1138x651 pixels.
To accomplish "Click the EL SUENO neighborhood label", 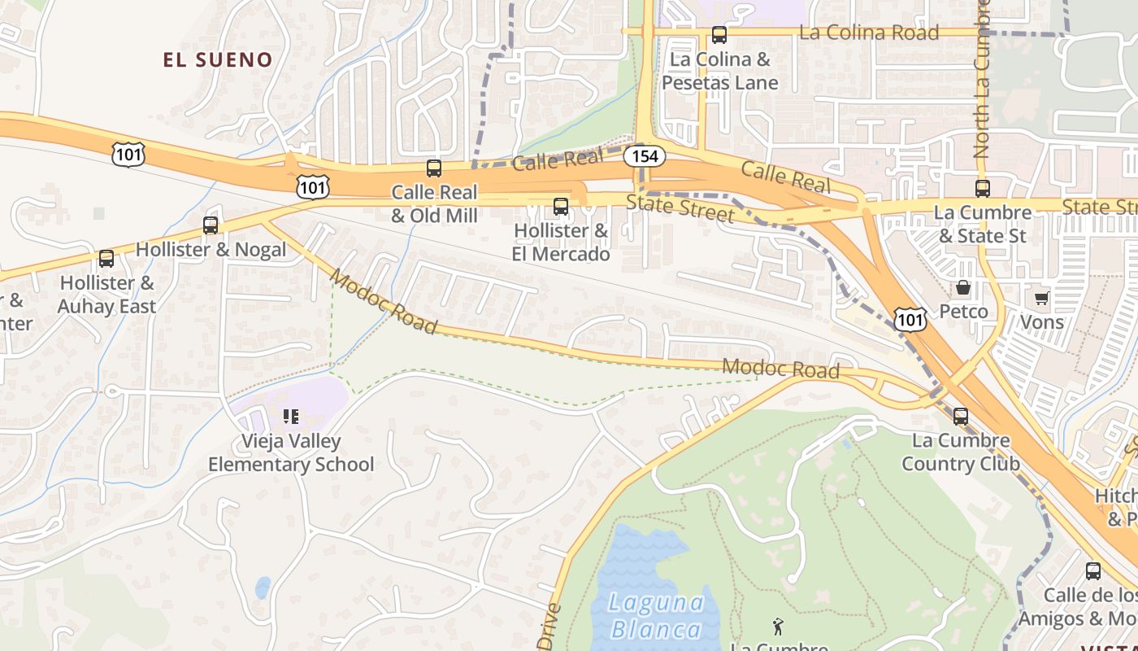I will (x=217, y=59).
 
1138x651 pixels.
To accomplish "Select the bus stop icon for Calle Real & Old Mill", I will (x=434, y=168).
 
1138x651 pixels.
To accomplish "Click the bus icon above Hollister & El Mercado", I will (x=560, y=206).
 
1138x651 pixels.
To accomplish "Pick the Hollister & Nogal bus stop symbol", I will (x=211, y=225).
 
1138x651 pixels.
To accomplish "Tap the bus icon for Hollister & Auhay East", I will (x=106, y=259).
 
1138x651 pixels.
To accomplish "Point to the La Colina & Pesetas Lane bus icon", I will (x=719, y=35).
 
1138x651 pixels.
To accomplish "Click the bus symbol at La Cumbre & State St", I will (x=983, y=189).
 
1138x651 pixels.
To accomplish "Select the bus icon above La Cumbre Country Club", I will (x=961, y=417).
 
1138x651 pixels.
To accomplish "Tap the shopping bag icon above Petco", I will (x=963, y=287).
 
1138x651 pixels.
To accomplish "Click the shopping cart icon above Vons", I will (x=1042, y=298).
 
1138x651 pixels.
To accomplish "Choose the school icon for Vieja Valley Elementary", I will (x=290, y=417).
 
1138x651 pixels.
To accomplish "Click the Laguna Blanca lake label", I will (x=657, y=616).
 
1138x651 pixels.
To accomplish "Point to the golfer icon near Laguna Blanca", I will (x=778, y=626).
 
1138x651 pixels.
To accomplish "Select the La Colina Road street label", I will (x=869, y=33).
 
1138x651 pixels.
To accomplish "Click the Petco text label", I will (x=964, y=312).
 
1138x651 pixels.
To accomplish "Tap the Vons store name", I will (x=1042, y=322).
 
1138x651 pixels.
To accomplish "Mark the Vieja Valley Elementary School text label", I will (x=291, y=453).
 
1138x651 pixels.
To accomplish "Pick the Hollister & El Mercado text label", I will (x=561, y=242).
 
